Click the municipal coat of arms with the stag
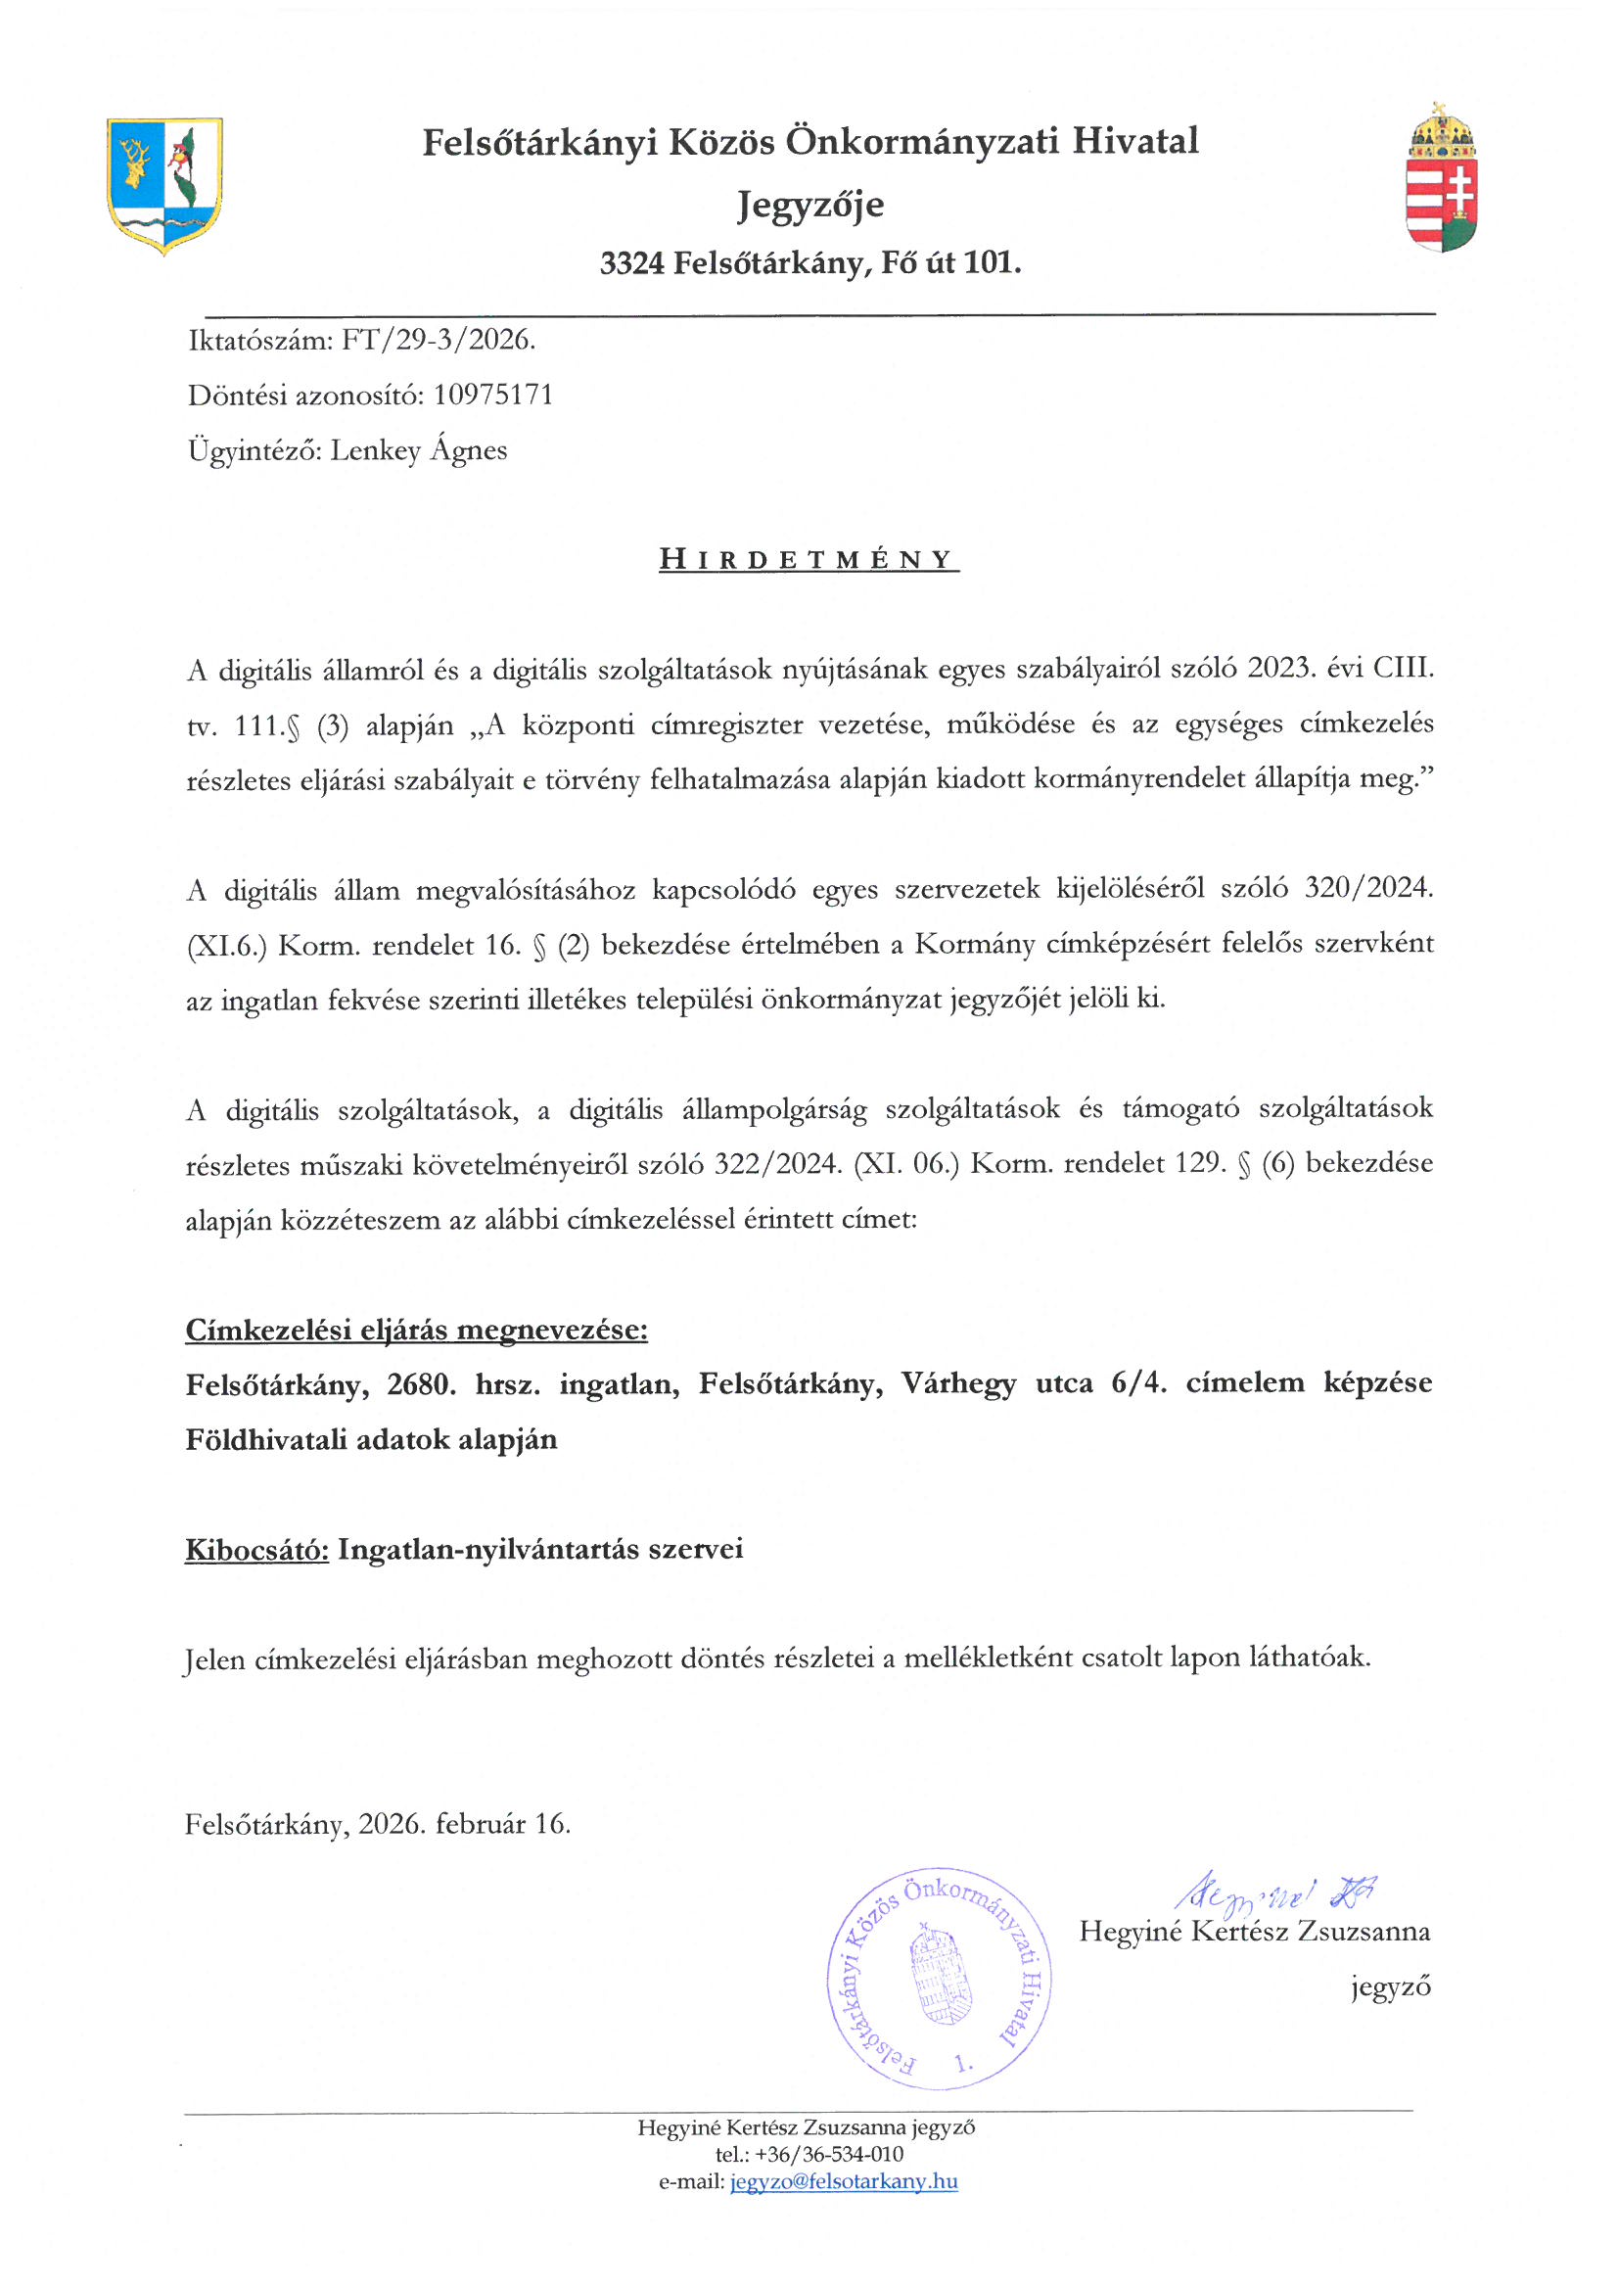[x=164, y=185]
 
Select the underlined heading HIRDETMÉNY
[x=808, y=560]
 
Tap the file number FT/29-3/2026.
[x=439, y=341]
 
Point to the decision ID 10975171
[x=492, y=396]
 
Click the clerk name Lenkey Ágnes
[x=419, y=450]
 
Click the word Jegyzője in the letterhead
[x=809, y=206]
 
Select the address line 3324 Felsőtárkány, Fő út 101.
[x=809, y=263]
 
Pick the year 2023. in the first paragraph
[x=1279, y=668]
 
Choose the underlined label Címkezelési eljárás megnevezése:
[x=417, y=1330]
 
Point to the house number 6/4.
[x=1138, y=1383]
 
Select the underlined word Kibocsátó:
[x=256, y=1549]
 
